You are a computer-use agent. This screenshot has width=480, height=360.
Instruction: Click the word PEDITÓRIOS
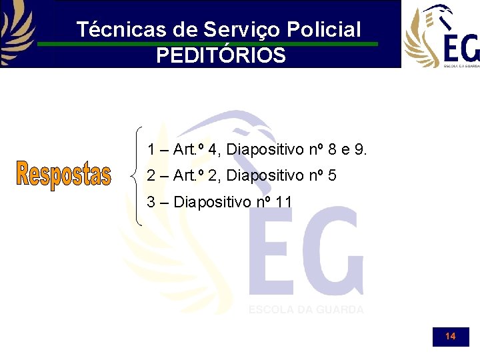[x=221, y=55]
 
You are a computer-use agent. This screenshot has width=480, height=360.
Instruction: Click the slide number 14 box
[x=451, y=337]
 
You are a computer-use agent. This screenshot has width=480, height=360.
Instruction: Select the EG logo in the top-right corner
[x=441, y=35]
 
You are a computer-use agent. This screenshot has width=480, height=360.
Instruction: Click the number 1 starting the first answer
[x=152, y=149]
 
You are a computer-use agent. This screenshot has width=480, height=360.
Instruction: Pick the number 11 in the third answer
[x=283, y=201]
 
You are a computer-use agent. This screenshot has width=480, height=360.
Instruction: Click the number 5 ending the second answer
[x=331, y=176]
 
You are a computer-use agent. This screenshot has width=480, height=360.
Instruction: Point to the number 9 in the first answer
[x=361, y=149]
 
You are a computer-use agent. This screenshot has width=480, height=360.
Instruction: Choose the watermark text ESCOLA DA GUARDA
[x=306, y=309]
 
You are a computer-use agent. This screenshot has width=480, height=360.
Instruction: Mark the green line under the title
[x=207, y=44]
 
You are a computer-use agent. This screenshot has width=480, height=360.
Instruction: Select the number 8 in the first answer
[x=330, y=149]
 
